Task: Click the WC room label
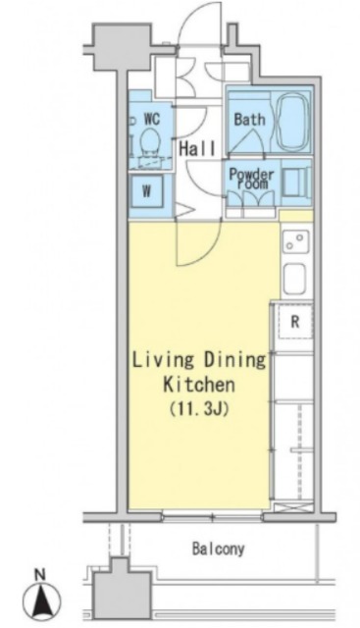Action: [152, 119]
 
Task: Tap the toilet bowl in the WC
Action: [150, 140]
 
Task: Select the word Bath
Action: [249, 120]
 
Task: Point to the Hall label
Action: [197, 149]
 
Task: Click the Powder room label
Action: [251, 179]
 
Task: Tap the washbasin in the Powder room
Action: [296, 183]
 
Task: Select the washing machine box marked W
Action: [147, 191]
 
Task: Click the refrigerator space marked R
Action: [295, 322]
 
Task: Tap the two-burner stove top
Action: [296, 241]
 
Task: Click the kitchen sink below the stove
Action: [294, 280]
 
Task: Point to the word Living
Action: [163, 360]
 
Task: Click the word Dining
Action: [235, 360]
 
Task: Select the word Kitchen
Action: [199, 385]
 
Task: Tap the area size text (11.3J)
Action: [199, 409]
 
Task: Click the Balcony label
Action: [218, 549]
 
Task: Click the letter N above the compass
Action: [39, 576]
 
